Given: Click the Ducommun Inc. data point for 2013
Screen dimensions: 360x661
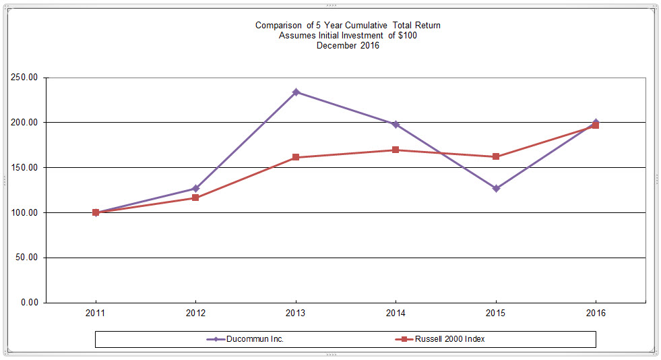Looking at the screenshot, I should [x=296, y=92].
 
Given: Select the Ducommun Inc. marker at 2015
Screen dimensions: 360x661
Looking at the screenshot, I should [x=496, y=189].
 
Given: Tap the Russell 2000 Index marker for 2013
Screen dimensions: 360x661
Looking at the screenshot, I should [x=296, y=157].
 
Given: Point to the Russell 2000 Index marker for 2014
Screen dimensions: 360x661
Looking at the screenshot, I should [x=396, y=150].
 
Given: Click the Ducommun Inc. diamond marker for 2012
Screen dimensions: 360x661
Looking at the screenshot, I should [x=195, y=189].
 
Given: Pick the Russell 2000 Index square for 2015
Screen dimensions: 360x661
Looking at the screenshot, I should [x=496, y=156].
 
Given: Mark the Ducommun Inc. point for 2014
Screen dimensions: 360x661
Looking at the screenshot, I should [x=396, y=124].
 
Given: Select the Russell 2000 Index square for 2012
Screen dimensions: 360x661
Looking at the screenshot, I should [x=195, y=198].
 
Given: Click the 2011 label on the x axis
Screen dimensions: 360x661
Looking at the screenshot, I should [x=96, y=313].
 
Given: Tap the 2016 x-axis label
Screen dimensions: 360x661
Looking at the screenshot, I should [x=596, y=313].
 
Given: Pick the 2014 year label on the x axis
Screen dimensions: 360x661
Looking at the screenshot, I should [x=396, y=313].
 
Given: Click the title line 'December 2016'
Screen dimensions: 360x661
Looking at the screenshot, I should [x=348, y=46].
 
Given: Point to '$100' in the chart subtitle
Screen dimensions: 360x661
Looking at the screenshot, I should [x=407, y=36].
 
